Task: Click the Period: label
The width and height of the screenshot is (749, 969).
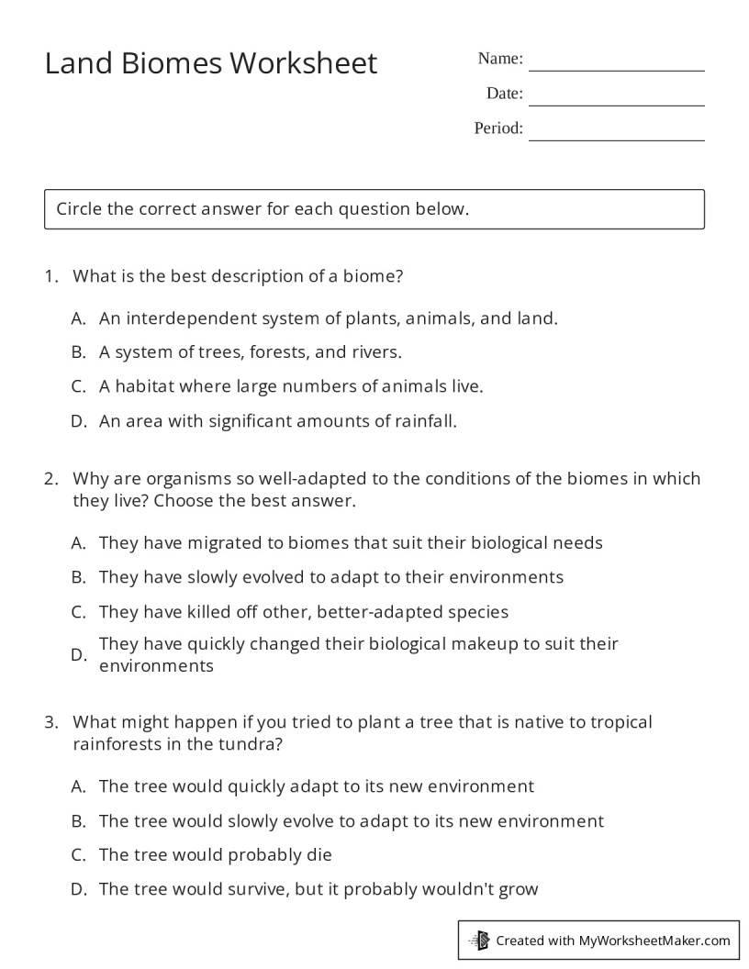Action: coord(498,128)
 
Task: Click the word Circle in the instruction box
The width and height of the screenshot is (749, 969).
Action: coord(79,209)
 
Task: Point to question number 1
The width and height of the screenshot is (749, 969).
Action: coord(50,276)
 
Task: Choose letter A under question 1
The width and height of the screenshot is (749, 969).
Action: coord(78,318)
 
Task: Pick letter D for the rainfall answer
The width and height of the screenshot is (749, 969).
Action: coord(78,422)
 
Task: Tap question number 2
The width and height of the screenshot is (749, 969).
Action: coord(50,479)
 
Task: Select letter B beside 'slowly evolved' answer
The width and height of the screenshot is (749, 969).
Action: coord(78,578)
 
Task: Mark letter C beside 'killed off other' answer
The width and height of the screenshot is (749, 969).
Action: coord(78,612)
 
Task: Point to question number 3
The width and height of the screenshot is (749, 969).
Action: coord(50,723)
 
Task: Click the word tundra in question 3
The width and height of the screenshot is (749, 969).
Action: coord(247,745)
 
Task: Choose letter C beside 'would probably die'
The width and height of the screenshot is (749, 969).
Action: coord(78,855)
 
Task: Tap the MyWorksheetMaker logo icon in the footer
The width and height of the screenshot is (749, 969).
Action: coord(479,940)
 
